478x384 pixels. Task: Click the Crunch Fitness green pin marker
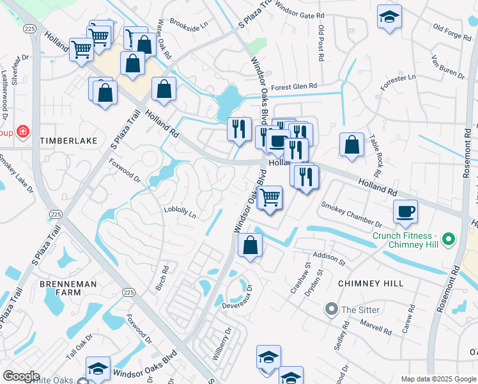point(449,240)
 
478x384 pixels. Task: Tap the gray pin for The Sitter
point(331,310)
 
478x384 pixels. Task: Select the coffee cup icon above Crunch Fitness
point(405,211)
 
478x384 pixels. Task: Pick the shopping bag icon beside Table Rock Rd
point(351,145)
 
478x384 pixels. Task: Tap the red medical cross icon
point(24,132)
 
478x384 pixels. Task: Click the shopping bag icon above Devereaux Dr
point(251,245)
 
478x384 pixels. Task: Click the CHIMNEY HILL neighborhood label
point(371,284)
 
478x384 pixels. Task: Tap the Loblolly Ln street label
point(180,212)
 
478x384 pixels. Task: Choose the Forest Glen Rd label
point(294,86)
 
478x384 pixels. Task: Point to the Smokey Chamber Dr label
point(351,215)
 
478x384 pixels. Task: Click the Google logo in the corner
point(21,376)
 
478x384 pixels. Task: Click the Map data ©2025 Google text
point(438,379)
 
